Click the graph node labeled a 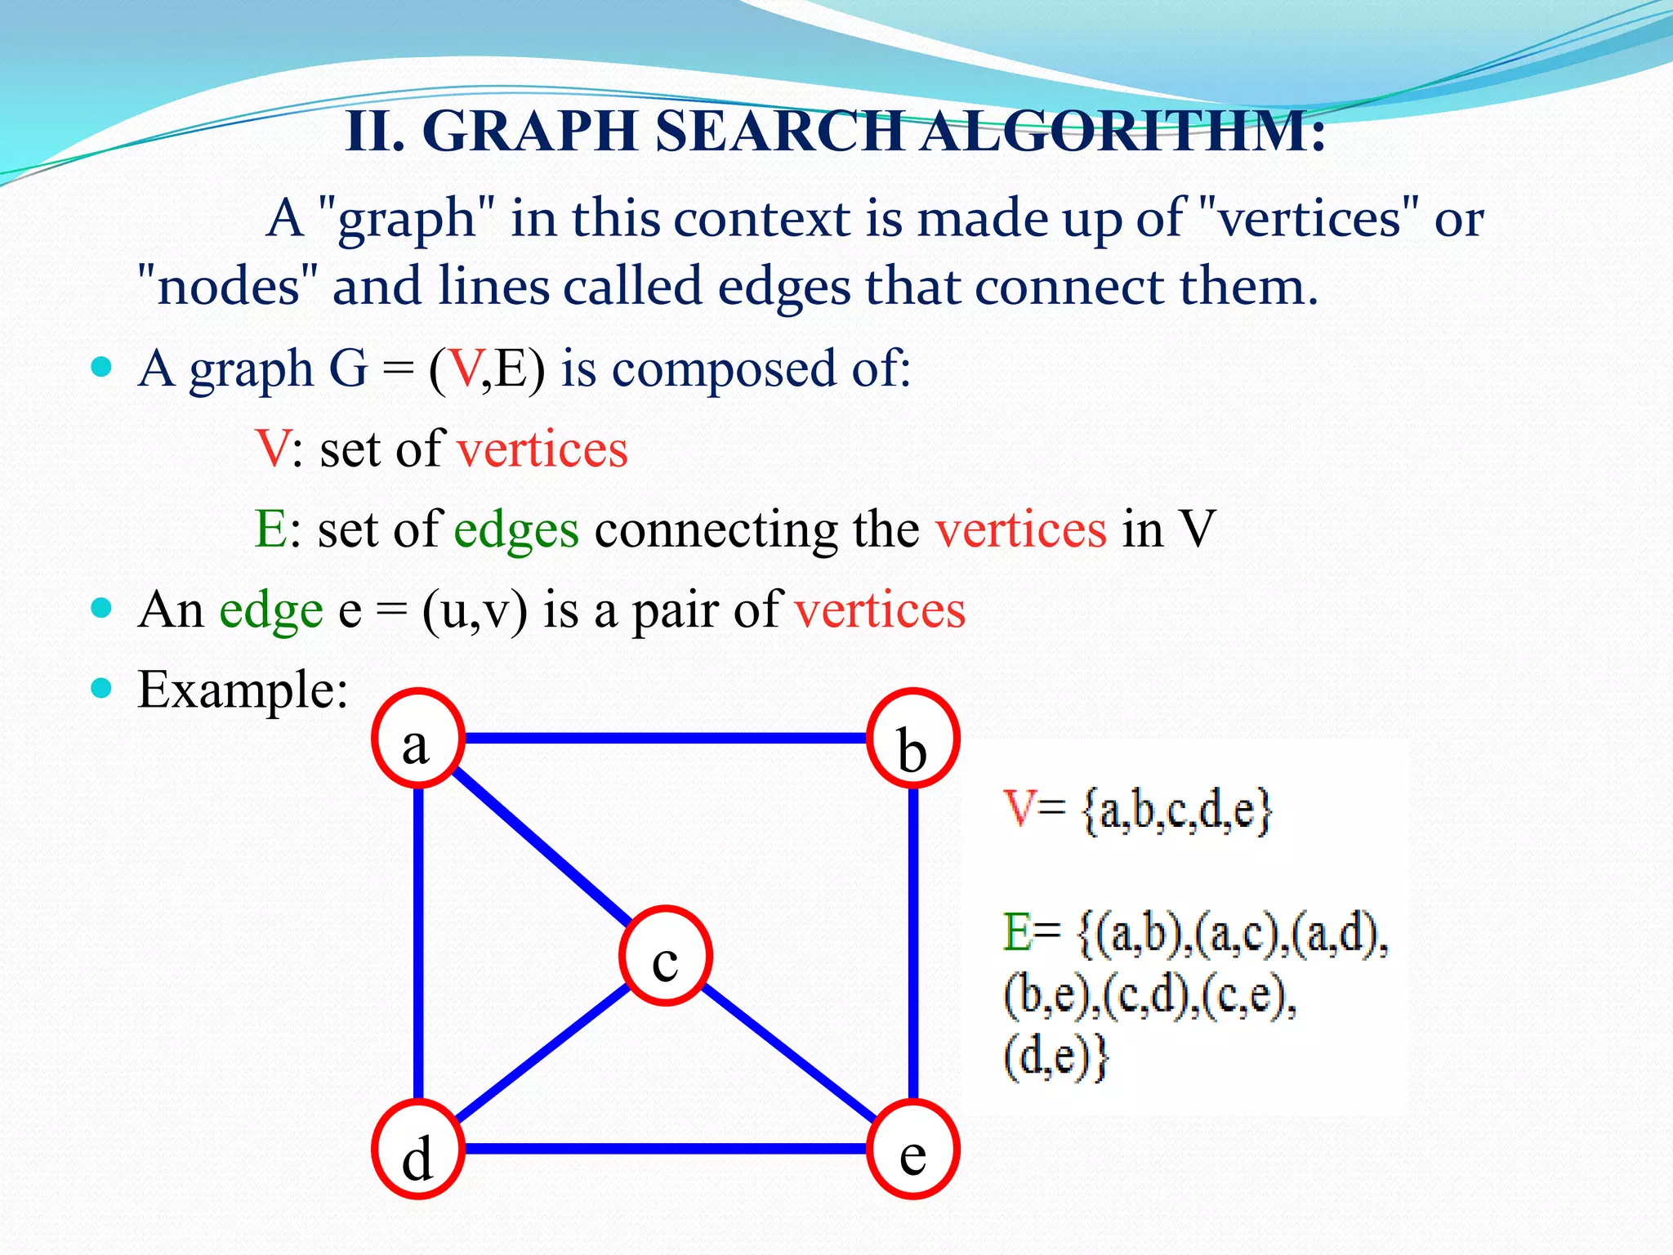[x=418, y=739]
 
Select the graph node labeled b [x=912, y=739]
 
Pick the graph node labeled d [x=418, y=1149]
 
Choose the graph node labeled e [x=912, y=1149]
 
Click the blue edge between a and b [x=666, y=739]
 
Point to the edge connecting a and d [x=418, y=944]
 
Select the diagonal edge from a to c [x=539, y=846]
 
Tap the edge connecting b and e [x=913, y=944]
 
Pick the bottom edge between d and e [x=666, y=1149]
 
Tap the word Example [x=243, y=690]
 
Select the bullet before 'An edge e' [x=101, y=609]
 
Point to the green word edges [x=515, y=529]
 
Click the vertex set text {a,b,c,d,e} [x=1177, y=811]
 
